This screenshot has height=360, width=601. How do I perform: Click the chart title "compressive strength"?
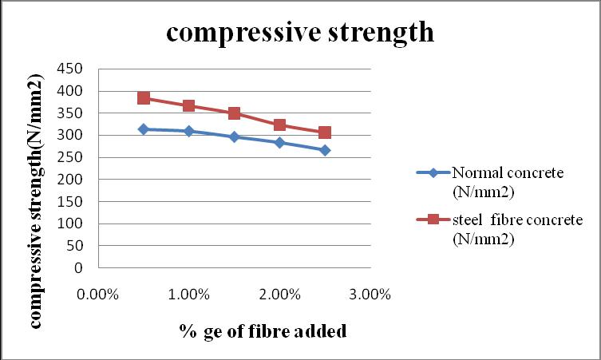[x=300, y=33]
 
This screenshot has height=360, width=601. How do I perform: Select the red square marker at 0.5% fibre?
[x=144, y=97]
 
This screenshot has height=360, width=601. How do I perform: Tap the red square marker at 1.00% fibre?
[x=189, y=105]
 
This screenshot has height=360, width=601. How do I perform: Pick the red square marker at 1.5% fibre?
[x=234, y=113]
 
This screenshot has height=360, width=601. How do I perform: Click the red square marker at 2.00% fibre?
[x=279, y=125]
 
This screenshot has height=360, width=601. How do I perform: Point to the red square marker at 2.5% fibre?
[x=325, y=133]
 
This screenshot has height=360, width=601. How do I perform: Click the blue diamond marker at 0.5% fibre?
[x=144, y=129]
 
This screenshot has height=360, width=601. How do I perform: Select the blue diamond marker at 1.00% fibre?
[x=189, y=131]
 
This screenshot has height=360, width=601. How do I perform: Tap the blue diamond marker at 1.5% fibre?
[x=234, y=136]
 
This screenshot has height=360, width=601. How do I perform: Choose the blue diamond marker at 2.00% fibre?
[x=279, y=143]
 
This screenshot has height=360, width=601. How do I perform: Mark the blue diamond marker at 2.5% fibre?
[x=325, y=150]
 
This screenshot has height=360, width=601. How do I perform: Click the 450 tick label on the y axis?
[x=69, y=69]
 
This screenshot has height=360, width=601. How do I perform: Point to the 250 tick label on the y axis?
[x=69, y=157]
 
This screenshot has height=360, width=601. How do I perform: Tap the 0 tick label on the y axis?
[x=78, y=267]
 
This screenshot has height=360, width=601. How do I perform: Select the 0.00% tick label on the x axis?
[x=97, y=295]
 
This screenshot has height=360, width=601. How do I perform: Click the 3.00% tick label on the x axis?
[x=370, y=295]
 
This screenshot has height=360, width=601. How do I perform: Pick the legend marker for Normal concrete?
[x=433, y=173]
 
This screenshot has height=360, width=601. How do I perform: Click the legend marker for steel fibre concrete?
[x=433, y=220]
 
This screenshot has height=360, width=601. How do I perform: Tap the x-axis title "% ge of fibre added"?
[x=263, y=331]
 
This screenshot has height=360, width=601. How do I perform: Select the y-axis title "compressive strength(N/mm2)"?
[x=36, y=201]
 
